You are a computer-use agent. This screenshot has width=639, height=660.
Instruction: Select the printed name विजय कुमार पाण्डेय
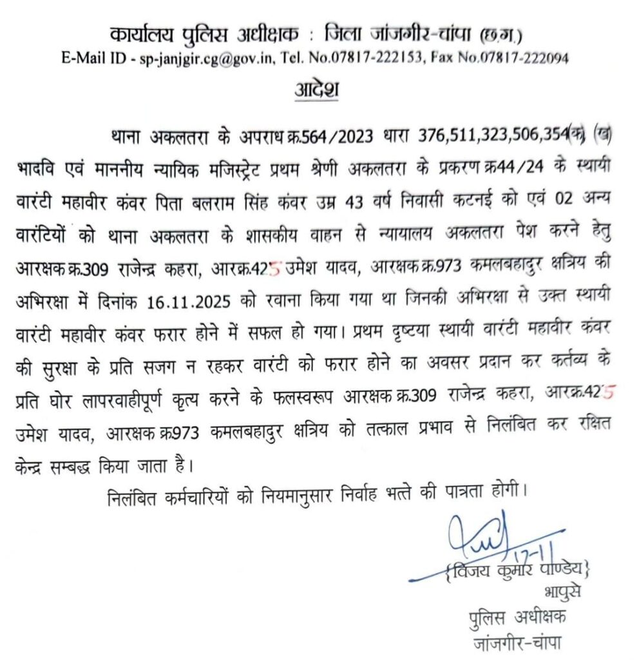(x=516, y=569)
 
